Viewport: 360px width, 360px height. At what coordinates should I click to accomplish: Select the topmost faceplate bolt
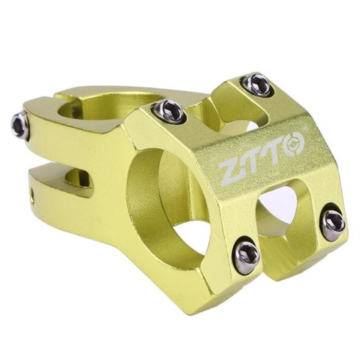[257, 85]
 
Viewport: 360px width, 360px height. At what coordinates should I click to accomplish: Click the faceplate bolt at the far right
[333, 222]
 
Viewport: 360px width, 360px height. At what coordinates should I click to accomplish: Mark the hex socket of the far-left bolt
[18, 126]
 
